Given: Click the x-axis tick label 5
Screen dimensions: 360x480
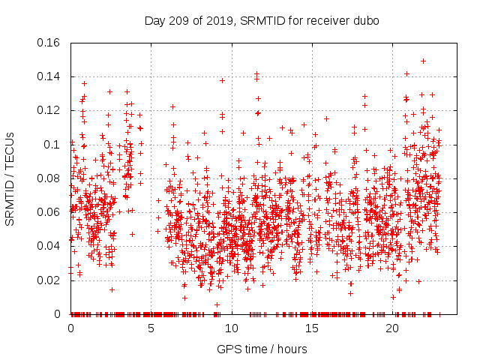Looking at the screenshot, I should (151, 328).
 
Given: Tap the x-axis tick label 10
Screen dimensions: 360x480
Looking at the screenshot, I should (232, 328).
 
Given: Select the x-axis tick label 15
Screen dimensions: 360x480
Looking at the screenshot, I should (312, 328).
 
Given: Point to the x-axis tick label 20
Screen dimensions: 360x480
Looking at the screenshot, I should (392, 328).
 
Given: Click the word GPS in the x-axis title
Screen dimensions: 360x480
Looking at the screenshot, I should (228, 349).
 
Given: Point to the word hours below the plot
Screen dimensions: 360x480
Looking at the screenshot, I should (290, 349).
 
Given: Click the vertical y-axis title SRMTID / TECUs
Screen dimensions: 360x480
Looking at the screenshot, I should (10, 178).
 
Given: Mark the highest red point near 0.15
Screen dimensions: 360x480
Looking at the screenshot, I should (423, 61).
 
